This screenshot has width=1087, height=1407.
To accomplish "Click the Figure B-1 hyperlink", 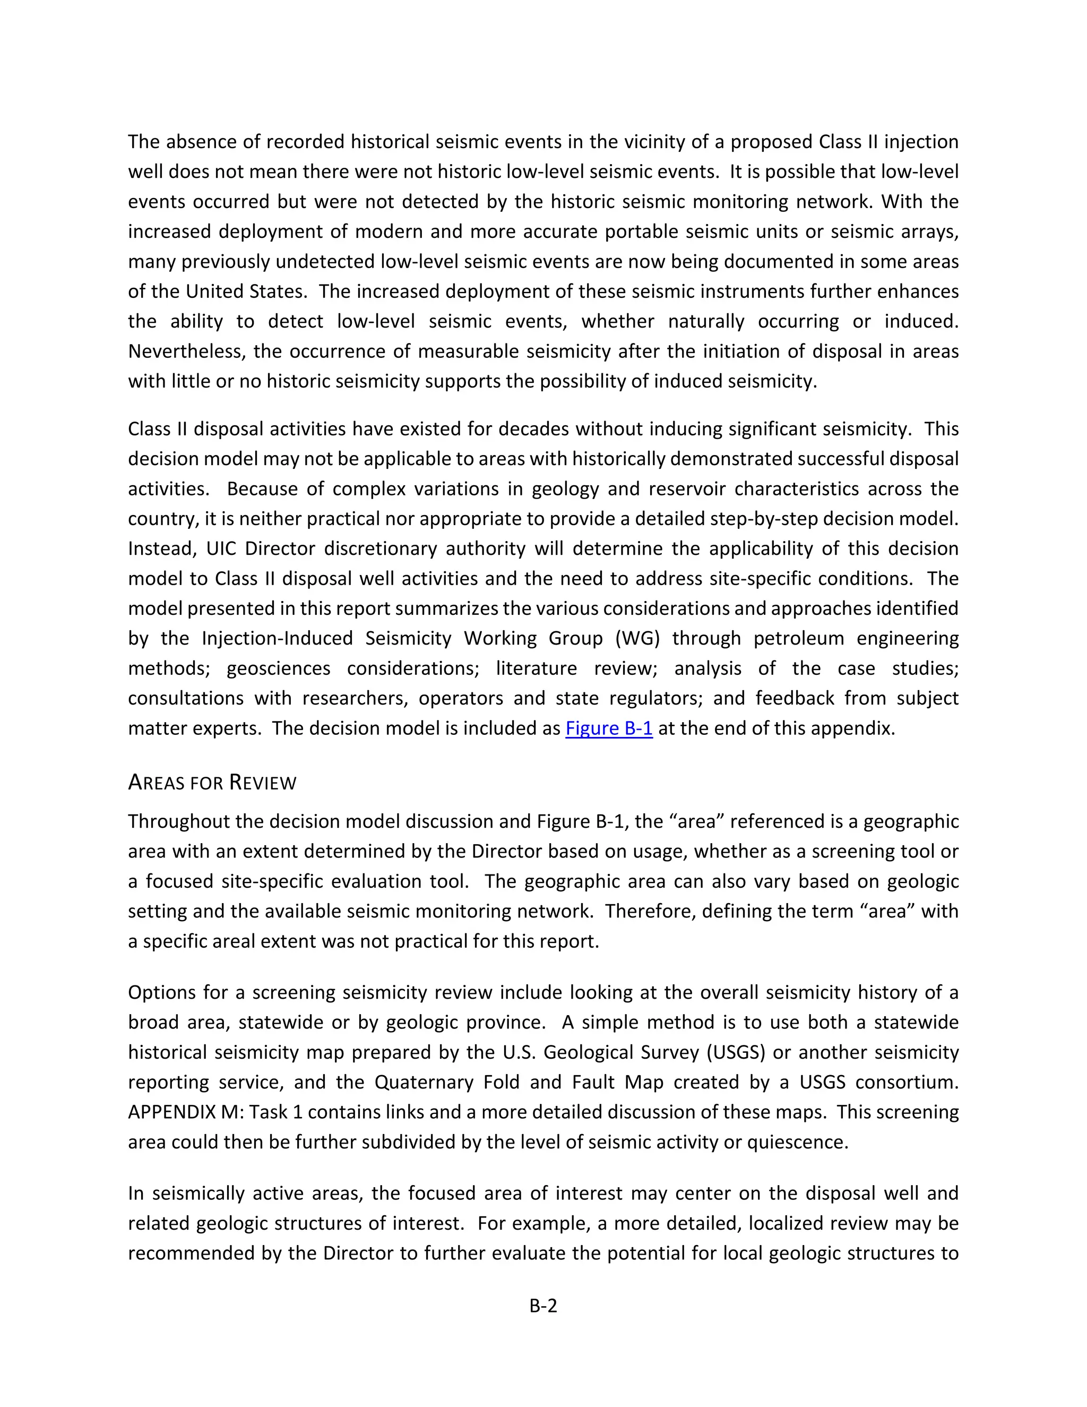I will [609, 728].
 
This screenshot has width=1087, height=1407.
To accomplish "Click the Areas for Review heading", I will [212, 782].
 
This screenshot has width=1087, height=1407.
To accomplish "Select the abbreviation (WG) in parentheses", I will [635, 638].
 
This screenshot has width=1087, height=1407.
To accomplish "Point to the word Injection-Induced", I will [277, 638].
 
